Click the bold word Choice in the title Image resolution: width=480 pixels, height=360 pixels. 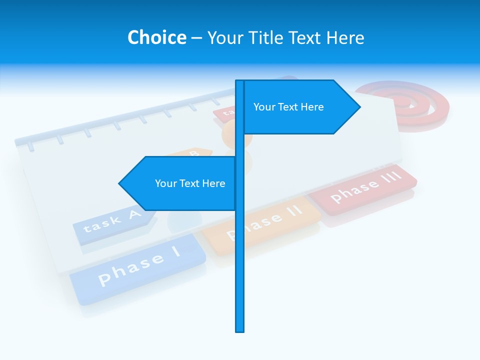click(x=156, y=37)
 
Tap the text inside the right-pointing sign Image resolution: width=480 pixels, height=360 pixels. click(x=288, y=107)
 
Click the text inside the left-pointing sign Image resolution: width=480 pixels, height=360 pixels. click(x=190, y=183)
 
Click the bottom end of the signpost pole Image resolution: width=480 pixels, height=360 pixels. click(x=240, y=330)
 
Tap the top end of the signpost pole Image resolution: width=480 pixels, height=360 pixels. click(x=240, y=82)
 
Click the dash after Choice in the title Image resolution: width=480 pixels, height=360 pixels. click(x=196, y=37)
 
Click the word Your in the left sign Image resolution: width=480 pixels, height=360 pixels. click(x=165, y=183)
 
